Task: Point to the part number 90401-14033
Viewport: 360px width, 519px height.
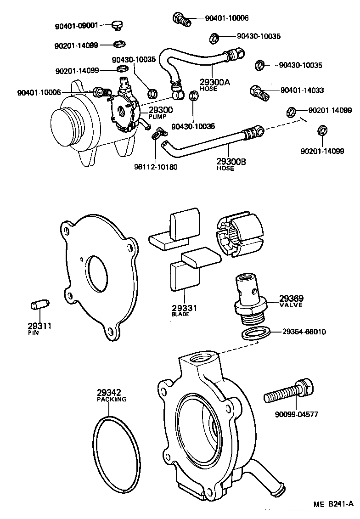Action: pos(302,90)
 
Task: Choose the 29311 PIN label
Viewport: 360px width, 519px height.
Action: pos(39,328)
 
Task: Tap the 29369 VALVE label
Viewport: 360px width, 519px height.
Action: pos(291,301)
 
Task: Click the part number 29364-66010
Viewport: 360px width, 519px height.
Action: pos(304,332)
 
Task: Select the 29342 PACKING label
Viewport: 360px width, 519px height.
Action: pos(111,395)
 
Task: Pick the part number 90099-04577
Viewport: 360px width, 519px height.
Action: pos(296,414)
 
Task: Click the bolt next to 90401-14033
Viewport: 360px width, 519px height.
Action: pos(259,92)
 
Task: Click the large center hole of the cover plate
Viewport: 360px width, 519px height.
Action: pos(97,273)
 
